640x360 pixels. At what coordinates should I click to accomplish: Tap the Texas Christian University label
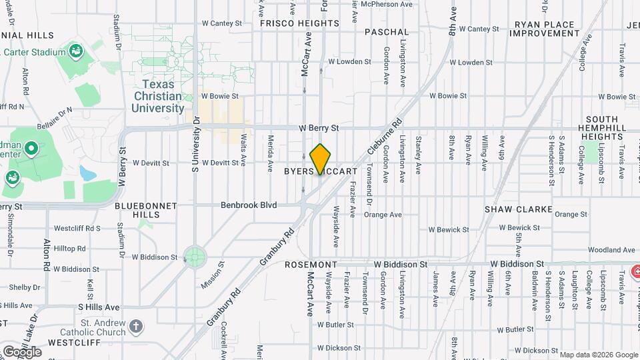(x=158, y=96)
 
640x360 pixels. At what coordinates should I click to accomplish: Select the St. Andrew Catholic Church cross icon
(x=136, y=326)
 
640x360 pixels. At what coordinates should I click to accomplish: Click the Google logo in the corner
(x=21, y=351)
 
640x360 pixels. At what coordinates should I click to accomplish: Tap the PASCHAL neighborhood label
(x=387, y=31)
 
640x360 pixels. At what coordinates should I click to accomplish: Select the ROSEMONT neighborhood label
(x=311, y=265)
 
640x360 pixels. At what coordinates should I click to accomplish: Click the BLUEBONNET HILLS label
(x=146, y=210)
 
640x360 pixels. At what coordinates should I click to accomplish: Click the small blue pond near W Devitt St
(x=87, y=173)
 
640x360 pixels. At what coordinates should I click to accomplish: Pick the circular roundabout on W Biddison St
(x=195, y=257)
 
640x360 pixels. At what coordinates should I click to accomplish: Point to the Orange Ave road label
(x=383, y=215)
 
